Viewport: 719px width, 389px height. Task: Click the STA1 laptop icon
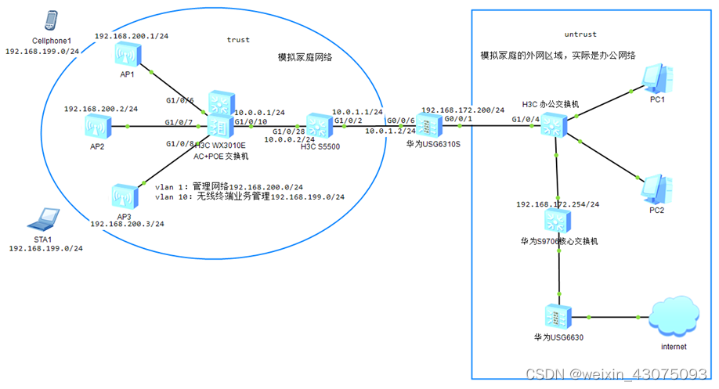click(x=47, y=218)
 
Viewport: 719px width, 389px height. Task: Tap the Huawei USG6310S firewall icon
click(x=425, y=125)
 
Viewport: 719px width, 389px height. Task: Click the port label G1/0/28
click(x=287, y=131)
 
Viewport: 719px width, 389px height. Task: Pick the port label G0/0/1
click(x=459, y=118)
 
